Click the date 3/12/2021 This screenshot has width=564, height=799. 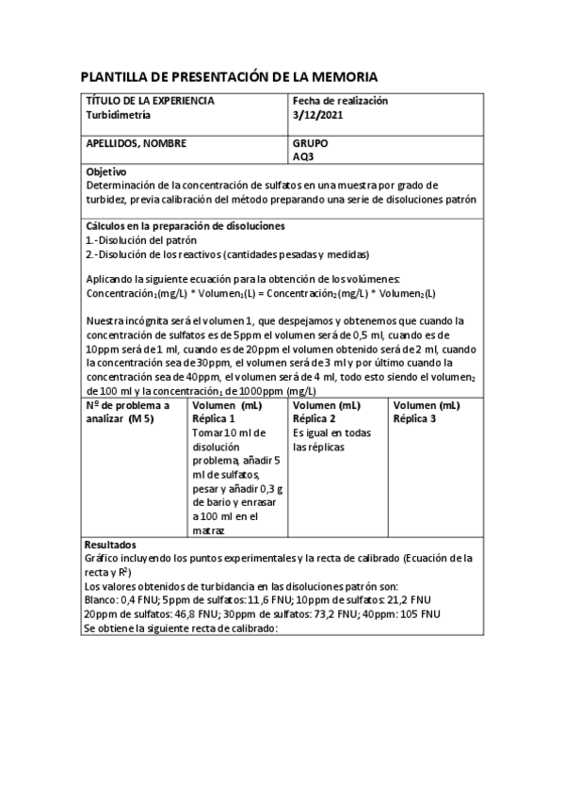(318, 115)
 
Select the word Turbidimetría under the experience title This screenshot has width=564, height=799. (118, 115)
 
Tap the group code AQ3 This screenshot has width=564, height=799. (303, 157)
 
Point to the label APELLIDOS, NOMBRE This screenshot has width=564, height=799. (137, 144)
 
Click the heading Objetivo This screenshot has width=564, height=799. (105, 172)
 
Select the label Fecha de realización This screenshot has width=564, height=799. (340, 101)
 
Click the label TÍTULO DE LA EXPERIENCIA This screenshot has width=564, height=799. (150, 101)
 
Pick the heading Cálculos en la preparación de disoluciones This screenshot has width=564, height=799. (185, 226)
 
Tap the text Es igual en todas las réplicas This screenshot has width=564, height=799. (332, 439)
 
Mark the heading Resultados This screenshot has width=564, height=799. (110, 545)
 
